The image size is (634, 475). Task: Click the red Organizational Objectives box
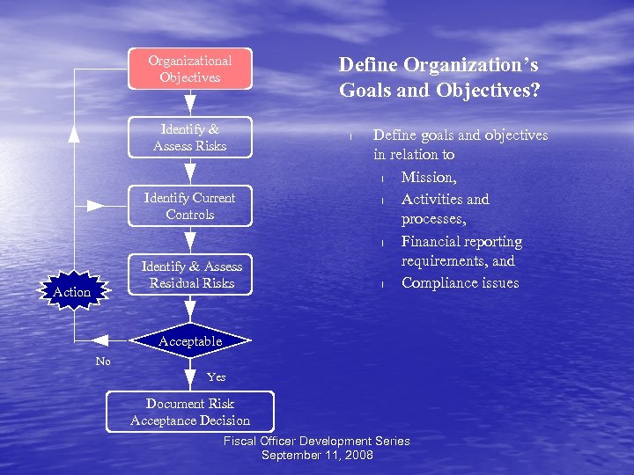click(x=189, y=69)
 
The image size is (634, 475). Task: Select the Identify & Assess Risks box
click(x=189, y=137)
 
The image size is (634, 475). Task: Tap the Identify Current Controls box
click(x=189, y=206)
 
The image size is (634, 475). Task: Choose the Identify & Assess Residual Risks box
click(x=191, y=274)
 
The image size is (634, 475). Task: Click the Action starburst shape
click(x=71, y=291)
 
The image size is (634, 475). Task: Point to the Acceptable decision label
click(x=189, y=340)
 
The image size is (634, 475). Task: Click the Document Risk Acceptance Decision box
click(x=189, y=412)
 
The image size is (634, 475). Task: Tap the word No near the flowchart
click(x=103, y=361)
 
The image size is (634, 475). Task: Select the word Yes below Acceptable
click(x=216, y=376)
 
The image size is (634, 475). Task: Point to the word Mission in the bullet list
click(x=428, y=177)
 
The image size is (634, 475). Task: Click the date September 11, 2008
click(x=317, y=455)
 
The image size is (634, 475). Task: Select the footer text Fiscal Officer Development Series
click(x=317, y=441)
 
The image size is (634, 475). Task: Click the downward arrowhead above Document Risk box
click(x=189, y=380)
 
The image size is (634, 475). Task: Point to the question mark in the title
click(x=535, y=90)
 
